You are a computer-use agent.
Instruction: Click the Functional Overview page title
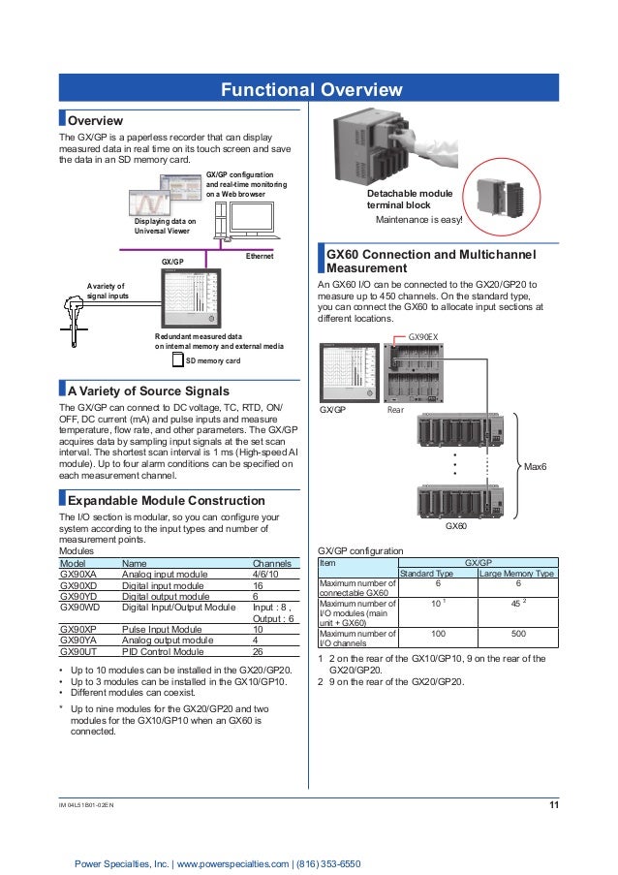(x=310, y=90)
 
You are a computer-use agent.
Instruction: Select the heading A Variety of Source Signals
(x=146, y=391)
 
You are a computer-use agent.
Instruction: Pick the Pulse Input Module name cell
(x=162, y=629)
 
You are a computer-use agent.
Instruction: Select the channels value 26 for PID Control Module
(x=258, y=652)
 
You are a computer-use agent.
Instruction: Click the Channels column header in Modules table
(x=272, y=562)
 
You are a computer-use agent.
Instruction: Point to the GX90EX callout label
(x=424, y=335)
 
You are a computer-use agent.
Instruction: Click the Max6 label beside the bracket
(x=536, y=467)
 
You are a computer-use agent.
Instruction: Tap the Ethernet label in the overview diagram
(x=260, y=256)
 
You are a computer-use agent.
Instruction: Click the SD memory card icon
(x=176, y=359)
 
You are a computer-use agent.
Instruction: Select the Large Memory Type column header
(x=517, y=574)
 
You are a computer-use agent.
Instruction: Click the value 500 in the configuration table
(x=517, y=633)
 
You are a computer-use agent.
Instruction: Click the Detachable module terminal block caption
(x=411, y=201)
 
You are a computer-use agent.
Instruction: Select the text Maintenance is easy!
(x=419, y=220)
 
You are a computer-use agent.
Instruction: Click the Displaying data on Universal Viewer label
(x=165, y=227)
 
